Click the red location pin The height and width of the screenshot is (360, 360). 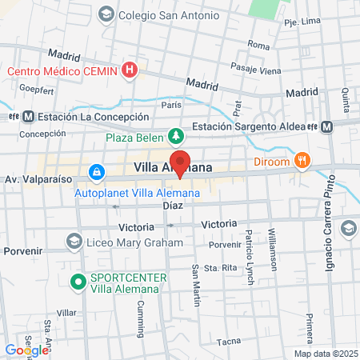coord(181,162)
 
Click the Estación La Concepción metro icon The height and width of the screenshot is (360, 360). coord(28,116)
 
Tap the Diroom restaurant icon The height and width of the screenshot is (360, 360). coord(302,159)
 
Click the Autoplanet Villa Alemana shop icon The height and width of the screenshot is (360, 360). coord(96,172)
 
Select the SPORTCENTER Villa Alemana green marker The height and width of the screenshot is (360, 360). coord(78,282)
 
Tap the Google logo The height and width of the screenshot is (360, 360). coord(26,350)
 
